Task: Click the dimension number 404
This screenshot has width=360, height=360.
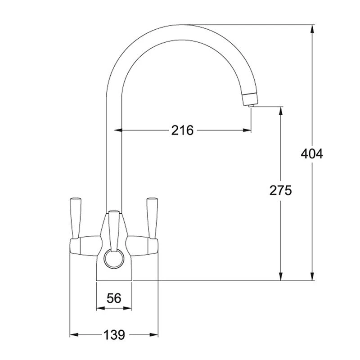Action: coord(312,154)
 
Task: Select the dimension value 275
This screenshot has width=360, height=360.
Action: coord(281,190)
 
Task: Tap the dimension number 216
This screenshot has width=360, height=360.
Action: coord(182,130)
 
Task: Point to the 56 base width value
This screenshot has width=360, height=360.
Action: coord(114,298)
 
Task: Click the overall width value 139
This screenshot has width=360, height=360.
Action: coord(114,335)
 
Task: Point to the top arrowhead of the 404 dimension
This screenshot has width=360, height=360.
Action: coord(312,28)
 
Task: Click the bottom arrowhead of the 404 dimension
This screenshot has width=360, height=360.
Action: coord(312,277)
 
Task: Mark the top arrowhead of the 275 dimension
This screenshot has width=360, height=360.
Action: coord(281,110)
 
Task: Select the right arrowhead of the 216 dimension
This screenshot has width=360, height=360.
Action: coord(247,130)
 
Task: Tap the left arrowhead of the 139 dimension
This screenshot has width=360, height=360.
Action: coord(73,335)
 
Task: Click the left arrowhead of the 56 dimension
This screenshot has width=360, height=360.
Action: coord(100,308)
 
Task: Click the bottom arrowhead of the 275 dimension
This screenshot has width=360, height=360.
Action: coord(281,277)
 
